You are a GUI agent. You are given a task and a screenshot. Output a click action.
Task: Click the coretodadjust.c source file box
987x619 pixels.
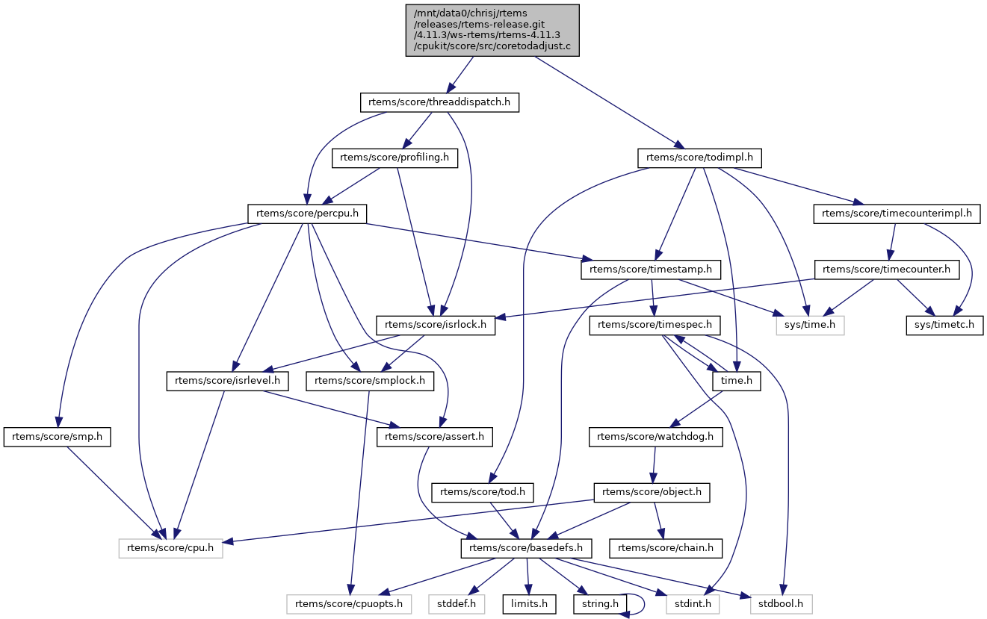(x=492, y=30)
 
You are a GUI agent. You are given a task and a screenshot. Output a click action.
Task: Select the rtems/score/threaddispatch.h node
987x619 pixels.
(x=439, y=102)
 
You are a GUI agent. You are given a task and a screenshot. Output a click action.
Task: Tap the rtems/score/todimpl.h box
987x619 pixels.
(x=699, y=158)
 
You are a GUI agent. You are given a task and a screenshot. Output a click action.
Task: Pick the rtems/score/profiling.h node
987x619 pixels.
(x=395, y=158)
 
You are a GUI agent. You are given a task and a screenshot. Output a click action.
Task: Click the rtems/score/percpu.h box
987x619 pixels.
(x=307, y=214)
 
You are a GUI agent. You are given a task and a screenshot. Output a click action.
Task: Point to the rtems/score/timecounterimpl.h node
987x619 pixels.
(x=896, y=214)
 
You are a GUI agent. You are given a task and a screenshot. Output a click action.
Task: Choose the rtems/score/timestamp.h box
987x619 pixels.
(x=652, y=269)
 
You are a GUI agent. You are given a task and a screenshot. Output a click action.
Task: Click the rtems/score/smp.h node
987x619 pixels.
(x=58, y=437)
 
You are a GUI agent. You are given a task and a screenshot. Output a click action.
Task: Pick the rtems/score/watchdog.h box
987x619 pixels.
(x=656, y=437)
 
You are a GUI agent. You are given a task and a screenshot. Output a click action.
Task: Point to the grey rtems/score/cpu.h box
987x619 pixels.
(x=171, y=548)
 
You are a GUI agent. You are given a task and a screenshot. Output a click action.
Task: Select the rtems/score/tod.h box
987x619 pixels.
(x=483, y=493)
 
